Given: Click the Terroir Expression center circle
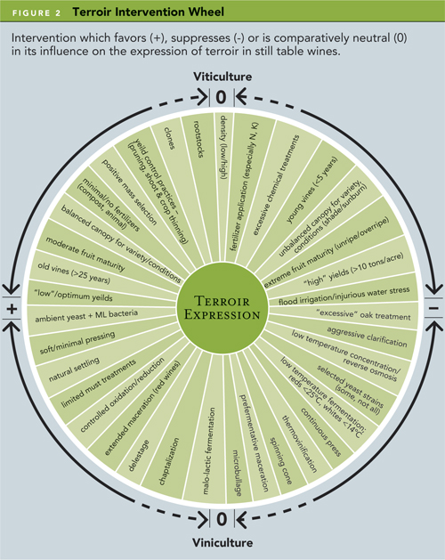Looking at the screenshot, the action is click(222, 308).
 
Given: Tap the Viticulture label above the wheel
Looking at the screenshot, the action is click(222, 77).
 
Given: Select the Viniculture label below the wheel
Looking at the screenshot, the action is click(222, 542).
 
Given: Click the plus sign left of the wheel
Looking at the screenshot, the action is click(12, 308).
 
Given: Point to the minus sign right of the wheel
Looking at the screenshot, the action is click(433, 308).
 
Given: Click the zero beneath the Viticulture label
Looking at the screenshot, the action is click(222, 97).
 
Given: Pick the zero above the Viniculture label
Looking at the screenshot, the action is click(222, 518).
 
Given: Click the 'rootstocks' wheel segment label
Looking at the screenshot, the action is click(198, 139).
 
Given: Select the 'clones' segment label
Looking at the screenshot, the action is click(170, 138).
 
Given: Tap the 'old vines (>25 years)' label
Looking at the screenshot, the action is click(74, 273).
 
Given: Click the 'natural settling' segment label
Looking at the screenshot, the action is click(74, 369).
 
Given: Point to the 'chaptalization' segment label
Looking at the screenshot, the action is click(169, 461).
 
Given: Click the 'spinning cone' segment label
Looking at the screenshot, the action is click(280, 460).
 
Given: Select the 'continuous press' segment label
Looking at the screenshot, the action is click(320, 432).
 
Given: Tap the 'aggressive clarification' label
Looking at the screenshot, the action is click(368, 337).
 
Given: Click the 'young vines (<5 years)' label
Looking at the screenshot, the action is click(311, 191).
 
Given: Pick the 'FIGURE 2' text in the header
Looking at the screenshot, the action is click(36, 13).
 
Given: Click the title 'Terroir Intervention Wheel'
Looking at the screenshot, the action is click(149, 12).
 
